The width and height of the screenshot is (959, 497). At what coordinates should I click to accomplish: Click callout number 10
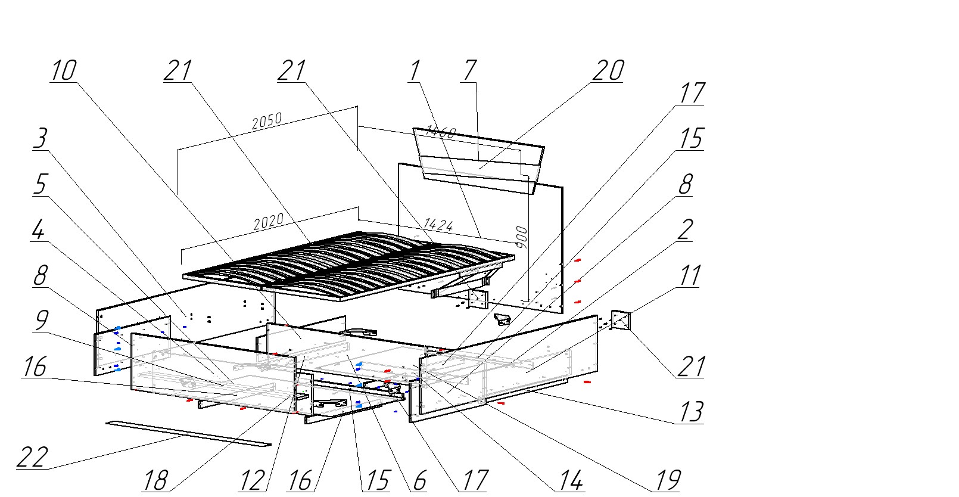pyautogui.click(x=63, y=70)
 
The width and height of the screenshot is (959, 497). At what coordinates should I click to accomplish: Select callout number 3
pyautogui.click(x=40, y=139)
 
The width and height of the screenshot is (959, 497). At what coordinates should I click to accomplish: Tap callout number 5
pyautogui.click(x=39, y=184)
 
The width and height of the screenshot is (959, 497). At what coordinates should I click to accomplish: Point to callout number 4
pyautogui.click(x=38, y=231)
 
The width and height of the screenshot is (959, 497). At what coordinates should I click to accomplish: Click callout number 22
pyautogui.click(x=32, y=458)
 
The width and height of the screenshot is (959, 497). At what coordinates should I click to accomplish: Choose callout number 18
pyautogui.click(x=155, y=480)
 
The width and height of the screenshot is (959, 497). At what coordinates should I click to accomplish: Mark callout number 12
pyautogui.click(x=252, y=480)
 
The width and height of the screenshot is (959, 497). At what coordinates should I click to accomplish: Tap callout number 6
pyautogui.click(x=419, y=480)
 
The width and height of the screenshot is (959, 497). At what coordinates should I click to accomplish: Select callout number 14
pyautogui.click(x=569, y=480)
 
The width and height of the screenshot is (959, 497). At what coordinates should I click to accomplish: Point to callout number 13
pyautogui.click(x=690, y=412)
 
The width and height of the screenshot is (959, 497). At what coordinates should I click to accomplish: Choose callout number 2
pyautogui.click(x=686, y=229)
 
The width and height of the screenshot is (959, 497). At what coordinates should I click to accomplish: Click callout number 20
pyautogui.click(x=608, y=70)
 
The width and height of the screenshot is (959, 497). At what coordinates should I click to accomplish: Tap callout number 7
pyautogui.click(x=469, y=70)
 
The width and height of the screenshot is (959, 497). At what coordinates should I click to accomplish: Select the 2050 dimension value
pyautogui.click(x=266, y=122)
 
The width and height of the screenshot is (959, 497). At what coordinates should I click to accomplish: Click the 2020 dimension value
pyautogui.click(x=269, y=223)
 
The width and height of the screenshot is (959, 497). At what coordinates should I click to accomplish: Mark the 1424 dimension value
pyautogui.click(x=438, y=225)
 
